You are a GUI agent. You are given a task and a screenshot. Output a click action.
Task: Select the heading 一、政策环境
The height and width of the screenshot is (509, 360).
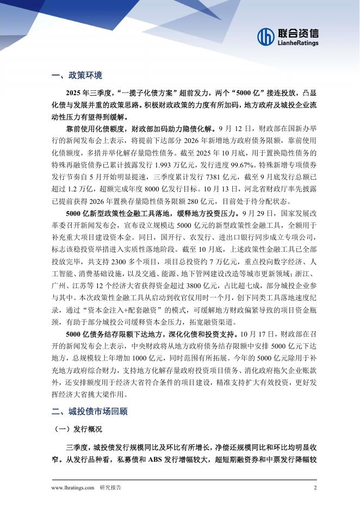pos(77,75)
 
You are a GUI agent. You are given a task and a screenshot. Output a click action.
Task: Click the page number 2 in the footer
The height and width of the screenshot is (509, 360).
pos(315,488)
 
